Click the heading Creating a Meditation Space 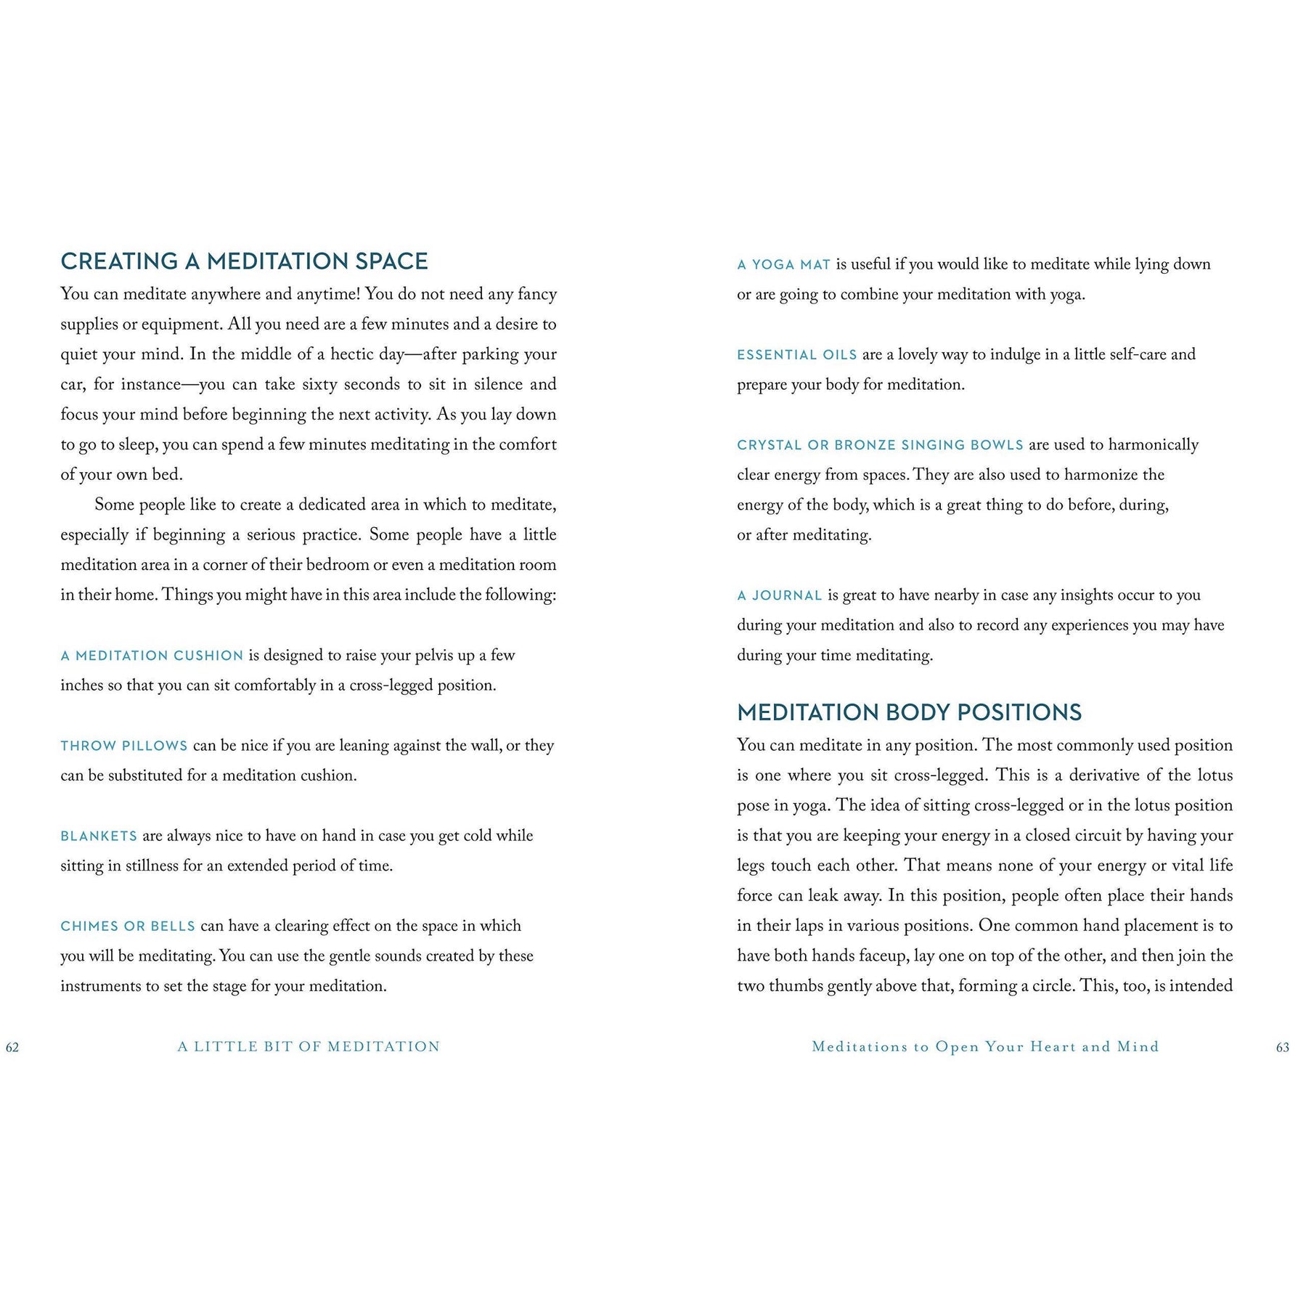[244, 261]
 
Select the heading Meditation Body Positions [909, 712]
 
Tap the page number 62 [12, 1047]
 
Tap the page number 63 [1283, 1047]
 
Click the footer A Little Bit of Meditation [309, 1047]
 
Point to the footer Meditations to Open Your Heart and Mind [985, 1047]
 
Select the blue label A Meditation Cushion [152, 656]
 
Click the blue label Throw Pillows [124, 746]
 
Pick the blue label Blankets [99, 836]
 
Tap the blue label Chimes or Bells [128, 927]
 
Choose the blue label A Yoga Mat [783, 265]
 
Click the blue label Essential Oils [796, 355]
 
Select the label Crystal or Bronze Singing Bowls [880, 445]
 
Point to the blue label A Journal [779, 596]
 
